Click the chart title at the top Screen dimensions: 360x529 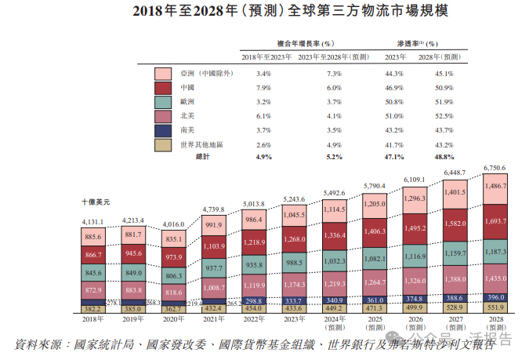[264, 11]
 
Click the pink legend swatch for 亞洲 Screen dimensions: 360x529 [163, 74]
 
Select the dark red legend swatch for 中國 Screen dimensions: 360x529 [163, 88]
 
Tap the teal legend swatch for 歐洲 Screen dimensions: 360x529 [163, 102]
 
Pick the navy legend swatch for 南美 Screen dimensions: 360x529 [163, 130]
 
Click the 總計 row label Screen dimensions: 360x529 [203, 158]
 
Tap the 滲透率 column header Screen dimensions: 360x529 [411, 44]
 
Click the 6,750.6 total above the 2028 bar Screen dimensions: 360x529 [495, 168]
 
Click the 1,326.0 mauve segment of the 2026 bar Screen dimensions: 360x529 [415, 280]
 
